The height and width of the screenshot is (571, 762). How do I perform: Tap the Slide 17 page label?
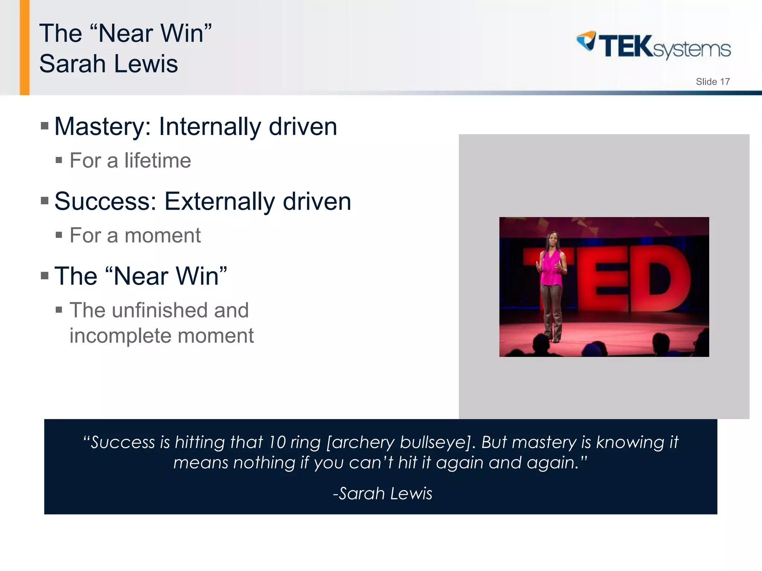click(713, 82)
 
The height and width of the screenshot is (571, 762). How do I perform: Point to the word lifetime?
click(157, 161)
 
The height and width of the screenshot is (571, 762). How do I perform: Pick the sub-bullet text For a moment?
click(135, 235)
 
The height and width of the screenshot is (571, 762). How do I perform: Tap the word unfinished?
click(160, 310)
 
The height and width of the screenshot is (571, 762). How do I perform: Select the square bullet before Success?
click(45, 201)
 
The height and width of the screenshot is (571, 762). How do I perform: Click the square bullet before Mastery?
click(45, 126)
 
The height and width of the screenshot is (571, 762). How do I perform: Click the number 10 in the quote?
click(277, 442)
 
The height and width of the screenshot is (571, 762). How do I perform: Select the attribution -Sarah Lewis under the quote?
click(382, 494)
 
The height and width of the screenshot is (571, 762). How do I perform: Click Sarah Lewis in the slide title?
click(109, 64)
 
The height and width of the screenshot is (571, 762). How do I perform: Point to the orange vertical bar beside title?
click(25, 47)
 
